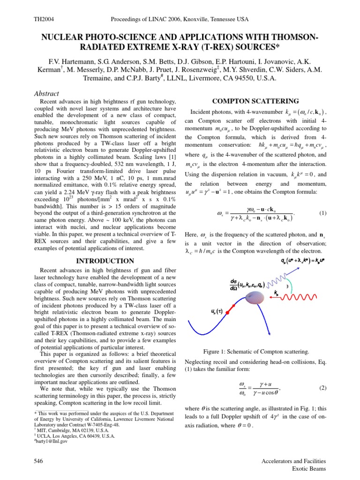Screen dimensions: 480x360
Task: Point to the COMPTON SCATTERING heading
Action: (x=256, y=101)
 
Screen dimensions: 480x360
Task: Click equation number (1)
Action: (x=322, y=213)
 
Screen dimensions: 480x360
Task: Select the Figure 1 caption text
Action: (x=255, y=352)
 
